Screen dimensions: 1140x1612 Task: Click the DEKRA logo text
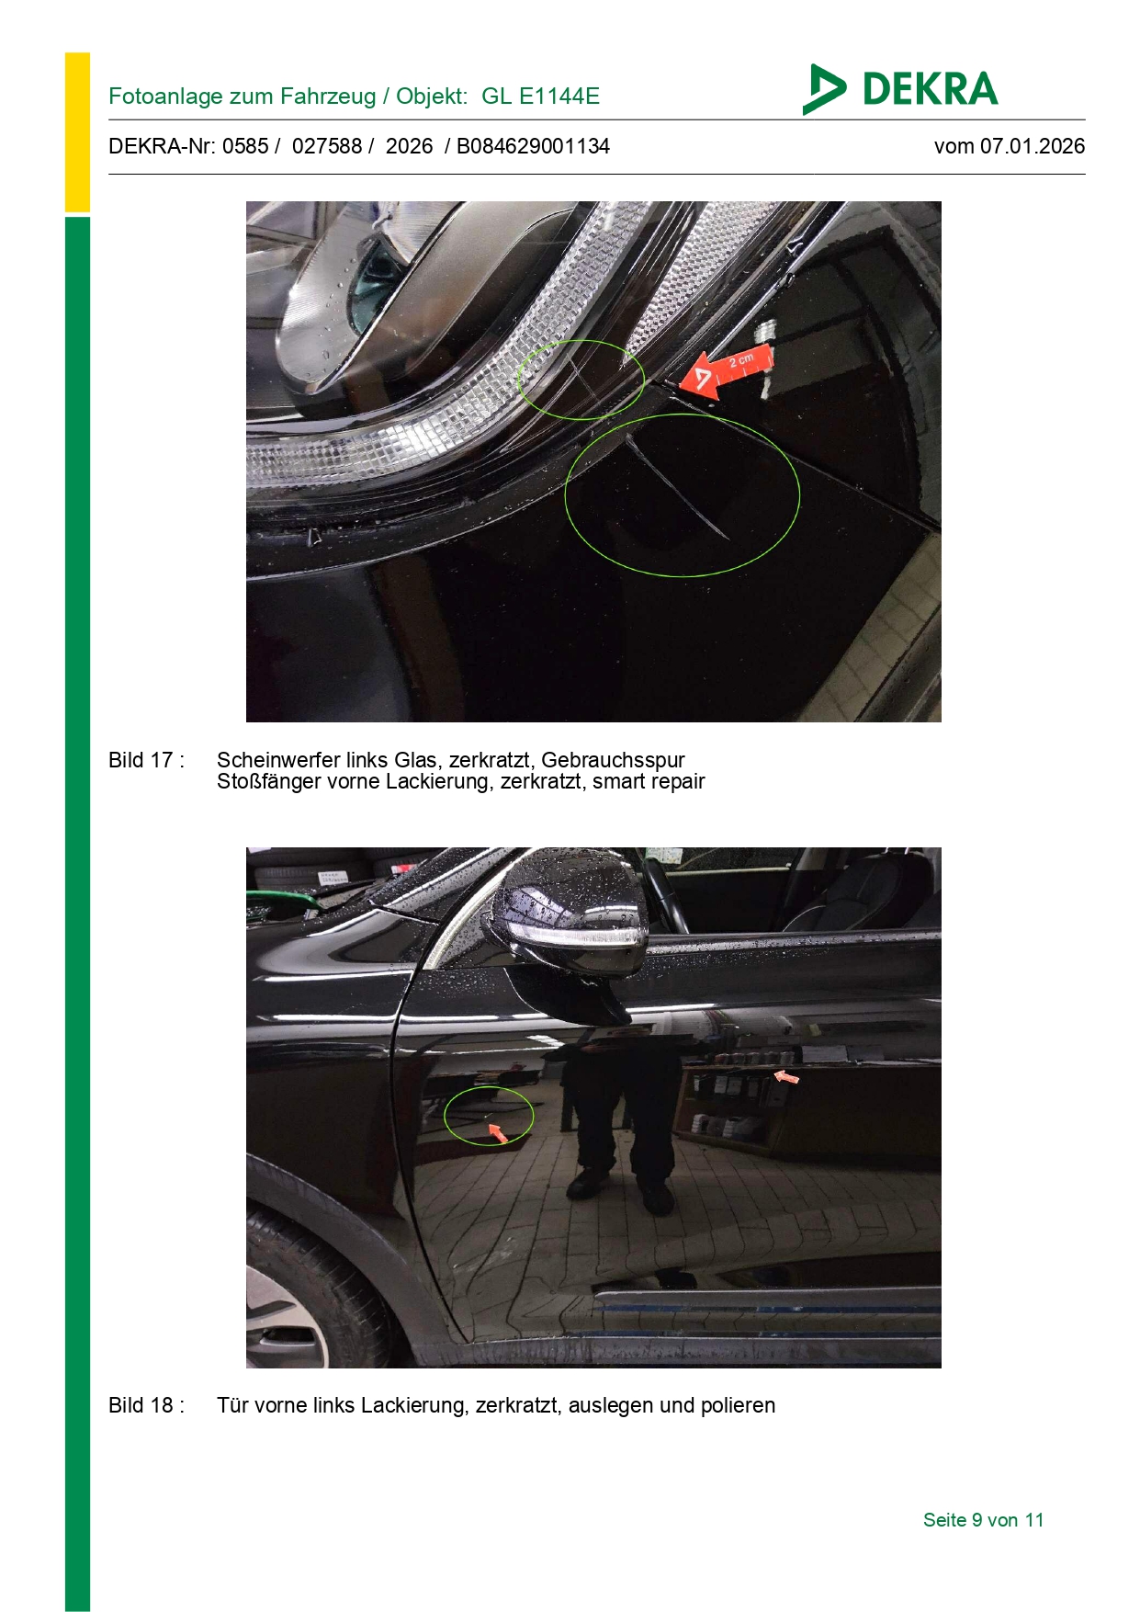point(930,89)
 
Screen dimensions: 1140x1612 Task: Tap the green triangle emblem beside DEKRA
point(823,89)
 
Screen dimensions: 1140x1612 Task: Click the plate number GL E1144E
point(540,96)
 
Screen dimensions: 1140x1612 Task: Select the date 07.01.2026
point(1033,146)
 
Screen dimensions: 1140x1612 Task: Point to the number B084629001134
point(533,146)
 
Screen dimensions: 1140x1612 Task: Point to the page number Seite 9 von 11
point(983,1520)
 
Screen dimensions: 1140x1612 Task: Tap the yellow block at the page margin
point(77,132)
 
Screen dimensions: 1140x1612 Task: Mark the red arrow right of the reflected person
point(786,1076)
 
